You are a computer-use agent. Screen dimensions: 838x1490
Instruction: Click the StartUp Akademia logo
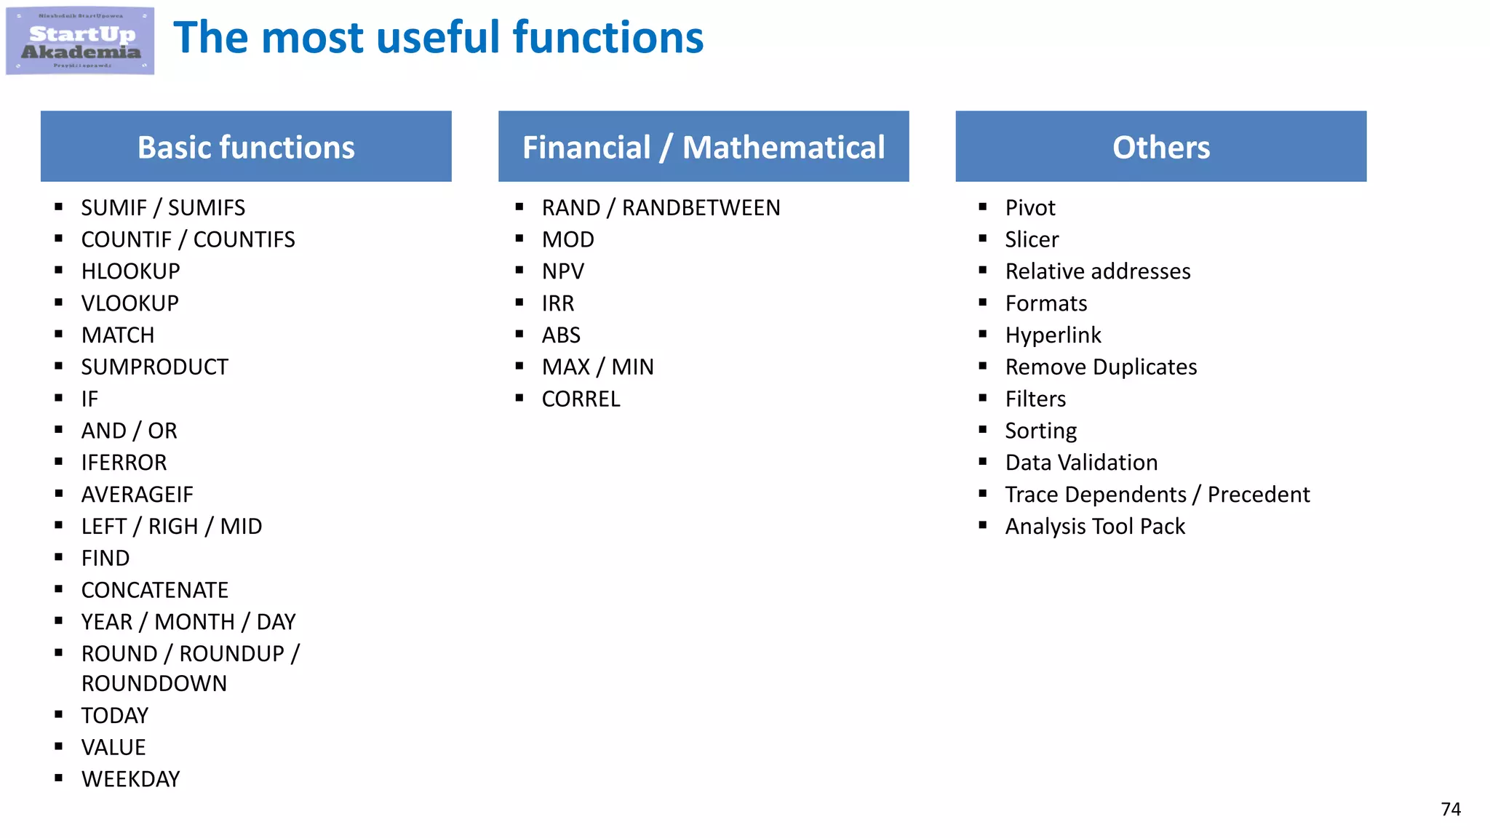coord(80,41)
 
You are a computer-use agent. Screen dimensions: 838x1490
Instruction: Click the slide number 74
coord(1450,809)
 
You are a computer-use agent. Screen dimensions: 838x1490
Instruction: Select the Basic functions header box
coord(246,146)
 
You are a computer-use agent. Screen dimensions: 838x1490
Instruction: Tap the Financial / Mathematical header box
coord(704,146)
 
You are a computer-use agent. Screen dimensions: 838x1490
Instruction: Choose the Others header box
coord(1160,146)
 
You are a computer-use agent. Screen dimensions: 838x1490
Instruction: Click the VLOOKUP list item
coord(130,303)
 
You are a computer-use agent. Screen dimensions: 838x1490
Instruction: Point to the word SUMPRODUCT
coord(154,367)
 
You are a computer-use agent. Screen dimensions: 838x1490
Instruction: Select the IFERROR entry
coord(124,463)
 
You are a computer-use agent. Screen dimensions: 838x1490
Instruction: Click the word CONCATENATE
coord(155,590)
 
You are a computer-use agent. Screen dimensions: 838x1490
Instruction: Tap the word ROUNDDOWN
coord(154,684)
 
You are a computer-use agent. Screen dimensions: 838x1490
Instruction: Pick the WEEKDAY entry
coord(131,779)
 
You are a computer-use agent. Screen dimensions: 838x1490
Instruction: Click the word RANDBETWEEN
coord(701,208)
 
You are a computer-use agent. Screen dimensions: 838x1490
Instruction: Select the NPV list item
coord(563,271)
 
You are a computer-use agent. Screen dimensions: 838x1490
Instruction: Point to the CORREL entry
coord(581,399)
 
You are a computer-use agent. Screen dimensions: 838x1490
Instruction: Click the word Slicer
coord(1032,239)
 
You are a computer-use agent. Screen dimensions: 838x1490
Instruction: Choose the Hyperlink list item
coord(1053,335)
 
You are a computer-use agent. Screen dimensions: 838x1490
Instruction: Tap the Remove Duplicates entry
coord(1101,367)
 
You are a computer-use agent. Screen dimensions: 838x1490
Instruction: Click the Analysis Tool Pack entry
coord(1095,527)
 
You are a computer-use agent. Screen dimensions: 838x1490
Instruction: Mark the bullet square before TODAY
coord(59,714)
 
